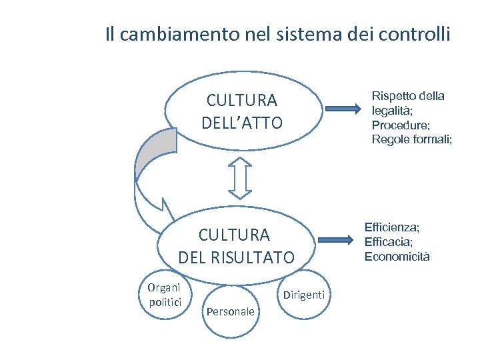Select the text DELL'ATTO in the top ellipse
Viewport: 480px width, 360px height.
(242, 123)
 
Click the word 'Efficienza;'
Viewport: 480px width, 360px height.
(391, 227)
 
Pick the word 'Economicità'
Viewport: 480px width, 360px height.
(397, 257)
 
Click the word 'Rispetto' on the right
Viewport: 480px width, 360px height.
(392, 96)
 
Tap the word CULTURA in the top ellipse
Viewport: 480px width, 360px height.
(242, 101)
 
